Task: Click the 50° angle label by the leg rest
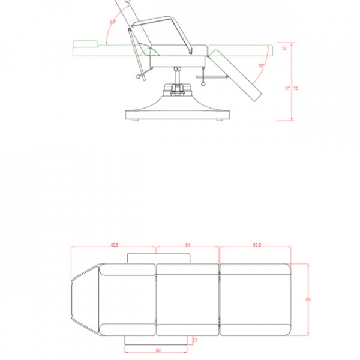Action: click(261, 65)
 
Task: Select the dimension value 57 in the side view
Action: click(288, 88)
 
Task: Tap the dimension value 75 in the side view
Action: click(296, 88)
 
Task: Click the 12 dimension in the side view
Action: click(284, 49)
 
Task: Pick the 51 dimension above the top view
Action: click(188, 245)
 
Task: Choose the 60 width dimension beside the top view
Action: click(308, 299)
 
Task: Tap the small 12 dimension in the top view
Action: click(196, 340)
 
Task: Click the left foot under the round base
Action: click(135, 121)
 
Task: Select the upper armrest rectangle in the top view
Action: click(158, 257)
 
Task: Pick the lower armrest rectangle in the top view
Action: click(158, 340)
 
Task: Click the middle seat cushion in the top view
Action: click(188, 299)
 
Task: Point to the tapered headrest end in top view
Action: click(84, 299)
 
